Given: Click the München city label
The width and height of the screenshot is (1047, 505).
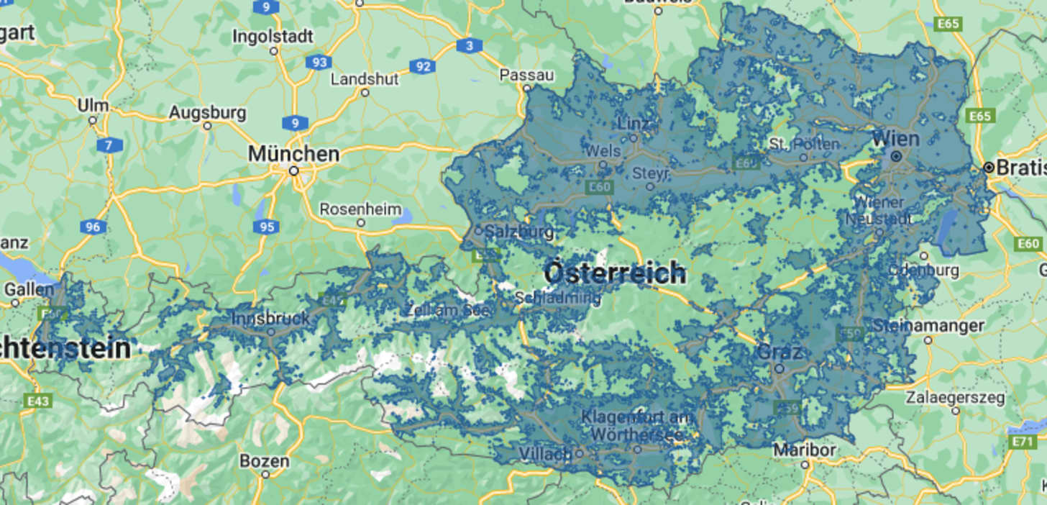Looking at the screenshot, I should coord(293,154).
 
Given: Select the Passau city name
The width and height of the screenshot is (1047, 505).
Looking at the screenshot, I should coord(527,75).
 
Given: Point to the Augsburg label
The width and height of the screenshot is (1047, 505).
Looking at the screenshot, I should coord(207,113).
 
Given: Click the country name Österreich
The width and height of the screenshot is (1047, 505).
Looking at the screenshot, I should coord(615,273).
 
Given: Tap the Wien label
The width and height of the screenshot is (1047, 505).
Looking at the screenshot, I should coord(895,139).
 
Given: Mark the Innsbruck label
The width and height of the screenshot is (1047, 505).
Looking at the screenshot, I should coord(270,317).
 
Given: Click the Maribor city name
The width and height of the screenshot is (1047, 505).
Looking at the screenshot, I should coord(805,450).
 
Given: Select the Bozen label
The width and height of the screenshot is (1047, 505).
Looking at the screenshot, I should coord(265,460).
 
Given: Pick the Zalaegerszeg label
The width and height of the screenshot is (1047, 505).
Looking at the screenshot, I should coord(955,397).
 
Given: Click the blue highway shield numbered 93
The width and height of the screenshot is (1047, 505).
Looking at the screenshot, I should coord(318,62).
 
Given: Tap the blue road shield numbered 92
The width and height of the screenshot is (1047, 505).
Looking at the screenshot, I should coord(423,67).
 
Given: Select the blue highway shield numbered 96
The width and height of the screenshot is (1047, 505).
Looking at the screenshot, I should coord(93,227).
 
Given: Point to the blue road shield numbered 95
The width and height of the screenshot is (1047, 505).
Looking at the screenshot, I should coord(265,227).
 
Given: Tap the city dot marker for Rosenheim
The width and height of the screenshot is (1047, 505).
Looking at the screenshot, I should coord(361,223).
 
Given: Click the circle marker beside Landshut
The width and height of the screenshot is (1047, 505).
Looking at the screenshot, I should coord(365,92).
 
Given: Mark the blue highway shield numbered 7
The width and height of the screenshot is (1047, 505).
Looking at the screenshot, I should coord(109,145).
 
